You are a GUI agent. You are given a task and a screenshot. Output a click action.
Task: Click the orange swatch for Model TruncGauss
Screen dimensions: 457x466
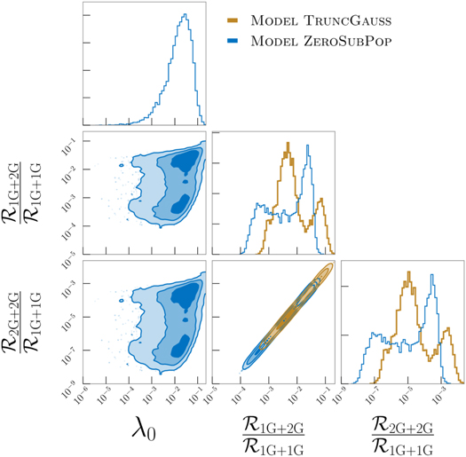(x=234, y=20)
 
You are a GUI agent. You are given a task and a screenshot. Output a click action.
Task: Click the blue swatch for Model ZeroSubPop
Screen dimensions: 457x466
(x=234, y=41)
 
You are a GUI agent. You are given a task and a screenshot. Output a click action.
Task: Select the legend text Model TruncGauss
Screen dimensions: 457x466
(x=310, y=20)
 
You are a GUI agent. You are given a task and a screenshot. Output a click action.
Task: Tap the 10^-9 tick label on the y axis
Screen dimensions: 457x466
(x=67, y=382)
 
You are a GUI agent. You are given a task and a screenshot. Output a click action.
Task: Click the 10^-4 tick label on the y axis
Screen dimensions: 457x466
(x=67, y=226)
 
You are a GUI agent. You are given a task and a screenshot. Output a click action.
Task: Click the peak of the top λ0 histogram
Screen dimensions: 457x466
(x=184, y=15)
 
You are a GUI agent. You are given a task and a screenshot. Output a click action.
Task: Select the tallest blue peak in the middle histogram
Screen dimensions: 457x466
(x=307, y=145)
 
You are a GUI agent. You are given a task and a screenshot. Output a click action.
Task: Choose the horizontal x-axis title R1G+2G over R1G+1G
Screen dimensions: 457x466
(x=274, y=433)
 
